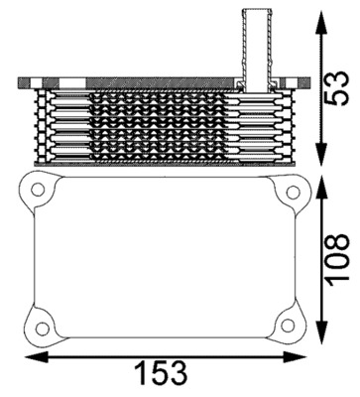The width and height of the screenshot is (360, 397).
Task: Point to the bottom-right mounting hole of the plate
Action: coord(288,323)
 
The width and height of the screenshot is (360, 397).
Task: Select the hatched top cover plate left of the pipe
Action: coord(129,79)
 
